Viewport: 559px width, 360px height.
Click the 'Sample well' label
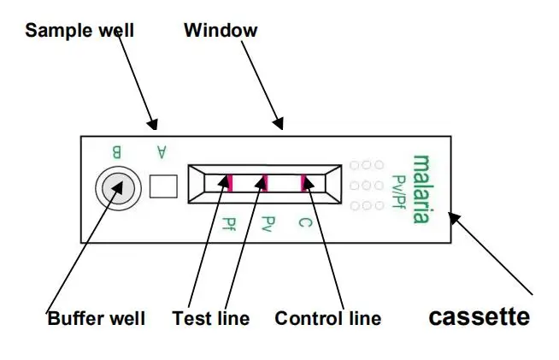79,32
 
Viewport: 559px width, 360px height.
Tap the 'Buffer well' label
96,319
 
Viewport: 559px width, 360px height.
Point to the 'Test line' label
211,319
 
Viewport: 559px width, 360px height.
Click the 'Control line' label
327,319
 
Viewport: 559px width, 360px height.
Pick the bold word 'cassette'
479,317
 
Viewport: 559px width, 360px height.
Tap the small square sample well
163,186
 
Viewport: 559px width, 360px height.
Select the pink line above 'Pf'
229,181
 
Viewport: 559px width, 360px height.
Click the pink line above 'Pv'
266,182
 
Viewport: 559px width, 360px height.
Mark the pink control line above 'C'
302,182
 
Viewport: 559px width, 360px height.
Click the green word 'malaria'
421,189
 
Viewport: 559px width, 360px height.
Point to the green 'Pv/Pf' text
397,190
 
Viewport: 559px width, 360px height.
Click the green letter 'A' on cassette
161,152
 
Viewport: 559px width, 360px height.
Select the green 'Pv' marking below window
266,225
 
